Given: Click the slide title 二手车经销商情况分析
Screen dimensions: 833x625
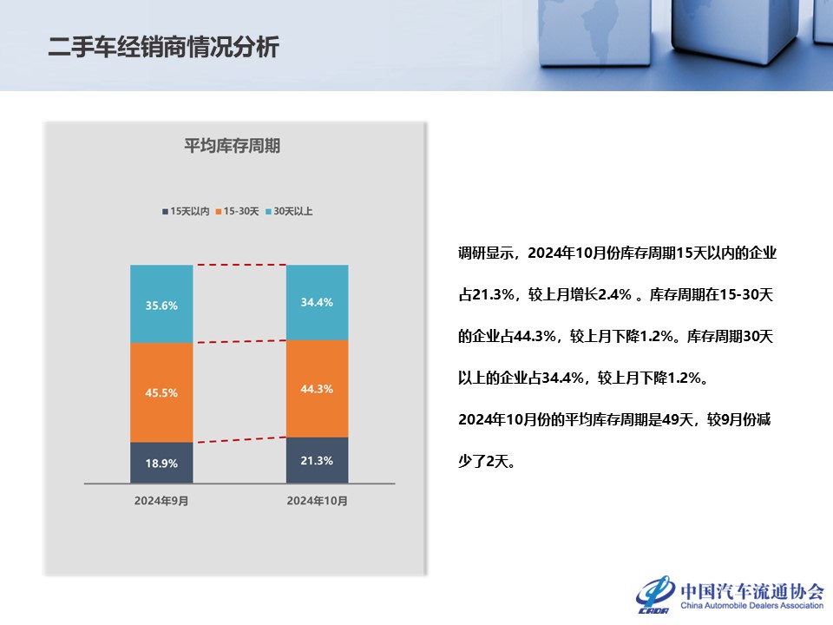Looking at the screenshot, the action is click(x=164, y=47).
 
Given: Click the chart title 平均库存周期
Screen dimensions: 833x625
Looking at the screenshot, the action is click(x=233, y=146).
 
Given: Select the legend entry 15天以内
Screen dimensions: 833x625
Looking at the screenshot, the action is click(x=186, y=212).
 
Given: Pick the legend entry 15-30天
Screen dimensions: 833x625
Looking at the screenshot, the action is click(x=237, y=212).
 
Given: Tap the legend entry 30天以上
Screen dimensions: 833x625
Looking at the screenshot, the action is click(x=289, y=212).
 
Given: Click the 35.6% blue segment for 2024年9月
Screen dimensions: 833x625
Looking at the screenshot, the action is click(x=161, y=304).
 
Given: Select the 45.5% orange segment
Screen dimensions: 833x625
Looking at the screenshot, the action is click(x=161, y=392).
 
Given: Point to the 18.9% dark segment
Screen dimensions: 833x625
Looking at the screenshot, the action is click(x=161, y=463).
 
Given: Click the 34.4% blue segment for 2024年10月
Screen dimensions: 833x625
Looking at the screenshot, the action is click(x=318, y=302).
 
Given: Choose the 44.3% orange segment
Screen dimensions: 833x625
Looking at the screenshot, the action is click(x=318, y=389).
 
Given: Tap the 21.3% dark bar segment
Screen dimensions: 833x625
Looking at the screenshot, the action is click(x=318, y=460).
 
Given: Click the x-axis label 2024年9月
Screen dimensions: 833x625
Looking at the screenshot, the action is click(x=161, y=501).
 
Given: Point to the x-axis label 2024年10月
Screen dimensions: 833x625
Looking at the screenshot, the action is click(x=318, y=501).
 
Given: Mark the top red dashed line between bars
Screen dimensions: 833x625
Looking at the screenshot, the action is click(x=239, y=265).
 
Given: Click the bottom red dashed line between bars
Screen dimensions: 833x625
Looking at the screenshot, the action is click(x=239, y=440).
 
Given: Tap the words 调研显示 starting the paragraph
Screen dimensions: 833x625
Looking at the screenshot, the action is click(x=486, y=253).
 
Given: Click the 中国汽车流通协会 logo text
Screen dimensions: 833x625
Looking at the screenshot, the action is click(x=752, y=591).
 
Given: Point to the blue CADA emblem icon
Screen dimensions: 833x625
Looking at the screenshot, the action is click(x=655, y=594).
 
